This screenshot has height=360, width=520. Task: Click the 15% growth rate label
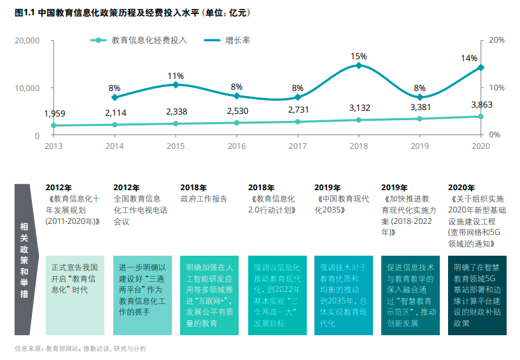[358, 57]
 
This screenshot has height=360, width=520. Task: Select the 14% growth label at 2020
[469, 58]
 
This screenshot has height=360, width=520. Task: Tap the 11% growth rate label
[176, 76]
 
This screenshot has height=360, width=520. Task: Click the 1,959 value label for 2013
[55, 114]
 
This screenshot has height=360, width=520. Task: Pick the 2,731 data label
[298, 109]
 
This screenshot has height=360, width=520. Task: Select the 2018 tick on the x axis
[358, 146]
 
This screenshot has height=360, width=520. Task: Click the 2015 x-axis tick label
[176, 146]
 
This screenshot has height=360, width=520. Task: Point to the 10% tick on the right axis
[496, 88]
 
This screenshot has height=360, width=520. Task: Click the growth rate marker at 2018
[358, 66]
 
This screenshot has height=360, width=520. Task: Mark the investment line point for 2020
[481, 116]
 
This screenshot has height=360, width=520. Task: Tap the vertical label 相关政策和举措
[24, 260]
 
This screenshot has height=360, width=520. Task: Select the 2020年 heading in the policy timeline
[461, 188]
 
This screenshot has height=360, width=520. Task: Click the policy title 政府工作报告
[204, 199]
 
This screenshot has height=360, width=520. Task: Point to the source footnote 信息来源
[80, 349]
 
